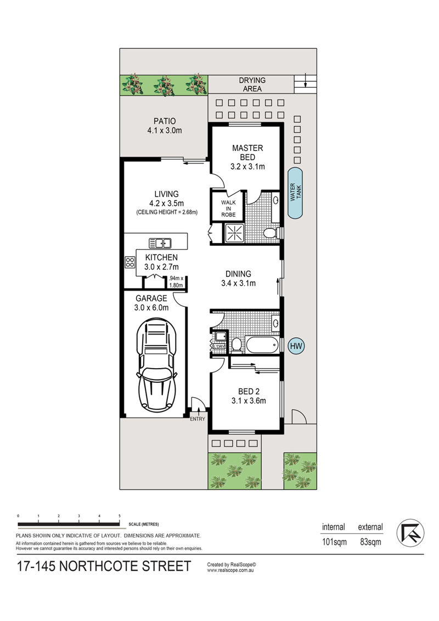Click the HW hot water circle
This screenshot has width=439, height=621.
coord(296,346)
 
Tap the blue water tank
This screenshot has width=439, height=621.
coord(295,193)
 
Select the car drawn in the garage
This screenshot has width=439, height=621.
coord(156,366)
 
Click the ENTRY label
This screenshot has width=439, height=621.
coord(198,419)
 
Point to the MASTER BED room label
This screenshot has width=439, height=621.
coord(247,153)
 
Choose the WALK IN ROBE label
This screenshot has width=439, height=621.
coord(228,208)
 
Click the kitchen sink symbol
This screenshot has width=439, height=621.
coord(160,243)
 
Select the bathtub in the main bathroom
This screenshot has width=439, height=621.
coord(262,345)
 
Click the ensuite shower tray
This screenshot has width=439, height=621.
coord(235,233)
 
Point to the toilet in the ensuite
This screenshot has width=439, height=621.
coord(272,233)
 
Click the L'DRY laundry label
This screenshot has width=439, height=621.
coord(219,347)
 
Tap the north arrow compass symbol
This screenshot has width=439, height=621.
coord(410,533)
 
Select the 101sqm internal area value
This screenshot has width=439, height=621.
coord(334,542)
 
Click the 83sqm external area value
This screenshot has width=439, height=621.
coord(370,542)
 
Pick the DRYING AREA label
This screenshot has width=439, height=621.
coord(252,84)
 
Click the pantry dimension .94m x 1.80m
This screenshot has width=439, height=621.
coord(176,281)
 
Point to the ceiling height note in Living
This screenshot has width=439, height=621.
coord(167,212)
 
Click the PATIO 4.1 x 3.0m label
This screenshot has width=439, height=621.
coord(165,126)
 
